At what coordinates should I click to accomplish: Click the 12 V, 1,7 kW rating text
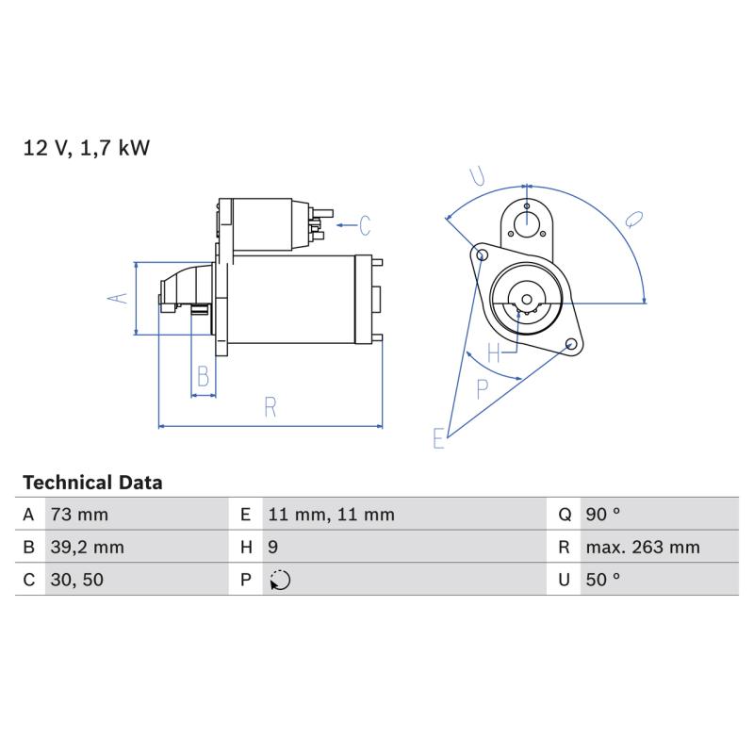coord(87,148)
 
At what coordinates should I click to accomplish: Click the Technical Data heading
coord(92,483)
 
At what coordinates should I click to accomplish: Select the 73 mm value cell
coord(79,515)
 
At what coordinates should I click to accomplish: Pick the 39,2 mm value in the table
coord(87,548)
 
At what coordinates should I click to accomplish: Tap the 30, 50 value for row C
coord(77,580)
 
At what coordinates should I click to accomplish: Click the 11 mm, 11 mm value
coord(332,515)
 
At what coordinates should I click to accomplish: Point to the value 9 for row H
coord(272,548)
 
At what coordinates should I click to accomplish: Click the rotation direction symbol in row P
coord(280,580)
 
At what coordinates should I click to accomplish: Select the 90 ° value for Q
coord(603,515)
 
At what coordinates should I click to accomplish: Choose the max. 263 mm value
coord(643,548)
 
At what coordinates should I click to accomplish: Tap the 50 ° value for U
coord(603,580)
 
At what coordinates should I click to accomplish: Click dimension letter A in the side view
coord(117,298)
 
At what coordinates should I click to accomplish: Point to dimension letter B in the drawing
coord(204,375)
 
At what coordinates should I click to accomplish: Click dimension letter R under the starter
coord(270,407)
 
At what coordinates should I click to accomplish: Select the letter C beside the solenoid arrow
coord(365,225)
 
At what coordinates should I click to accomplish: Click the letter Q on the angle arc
coord(634,220)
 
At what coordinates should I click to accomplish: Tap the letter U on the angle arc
coord(478,176)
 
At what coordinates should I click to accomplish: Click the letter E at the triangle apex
coord(438,438)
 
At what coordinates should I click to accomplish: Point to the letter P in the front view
coord(483,388)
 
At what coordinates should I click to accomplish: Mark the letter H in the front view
coord(494,352)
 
